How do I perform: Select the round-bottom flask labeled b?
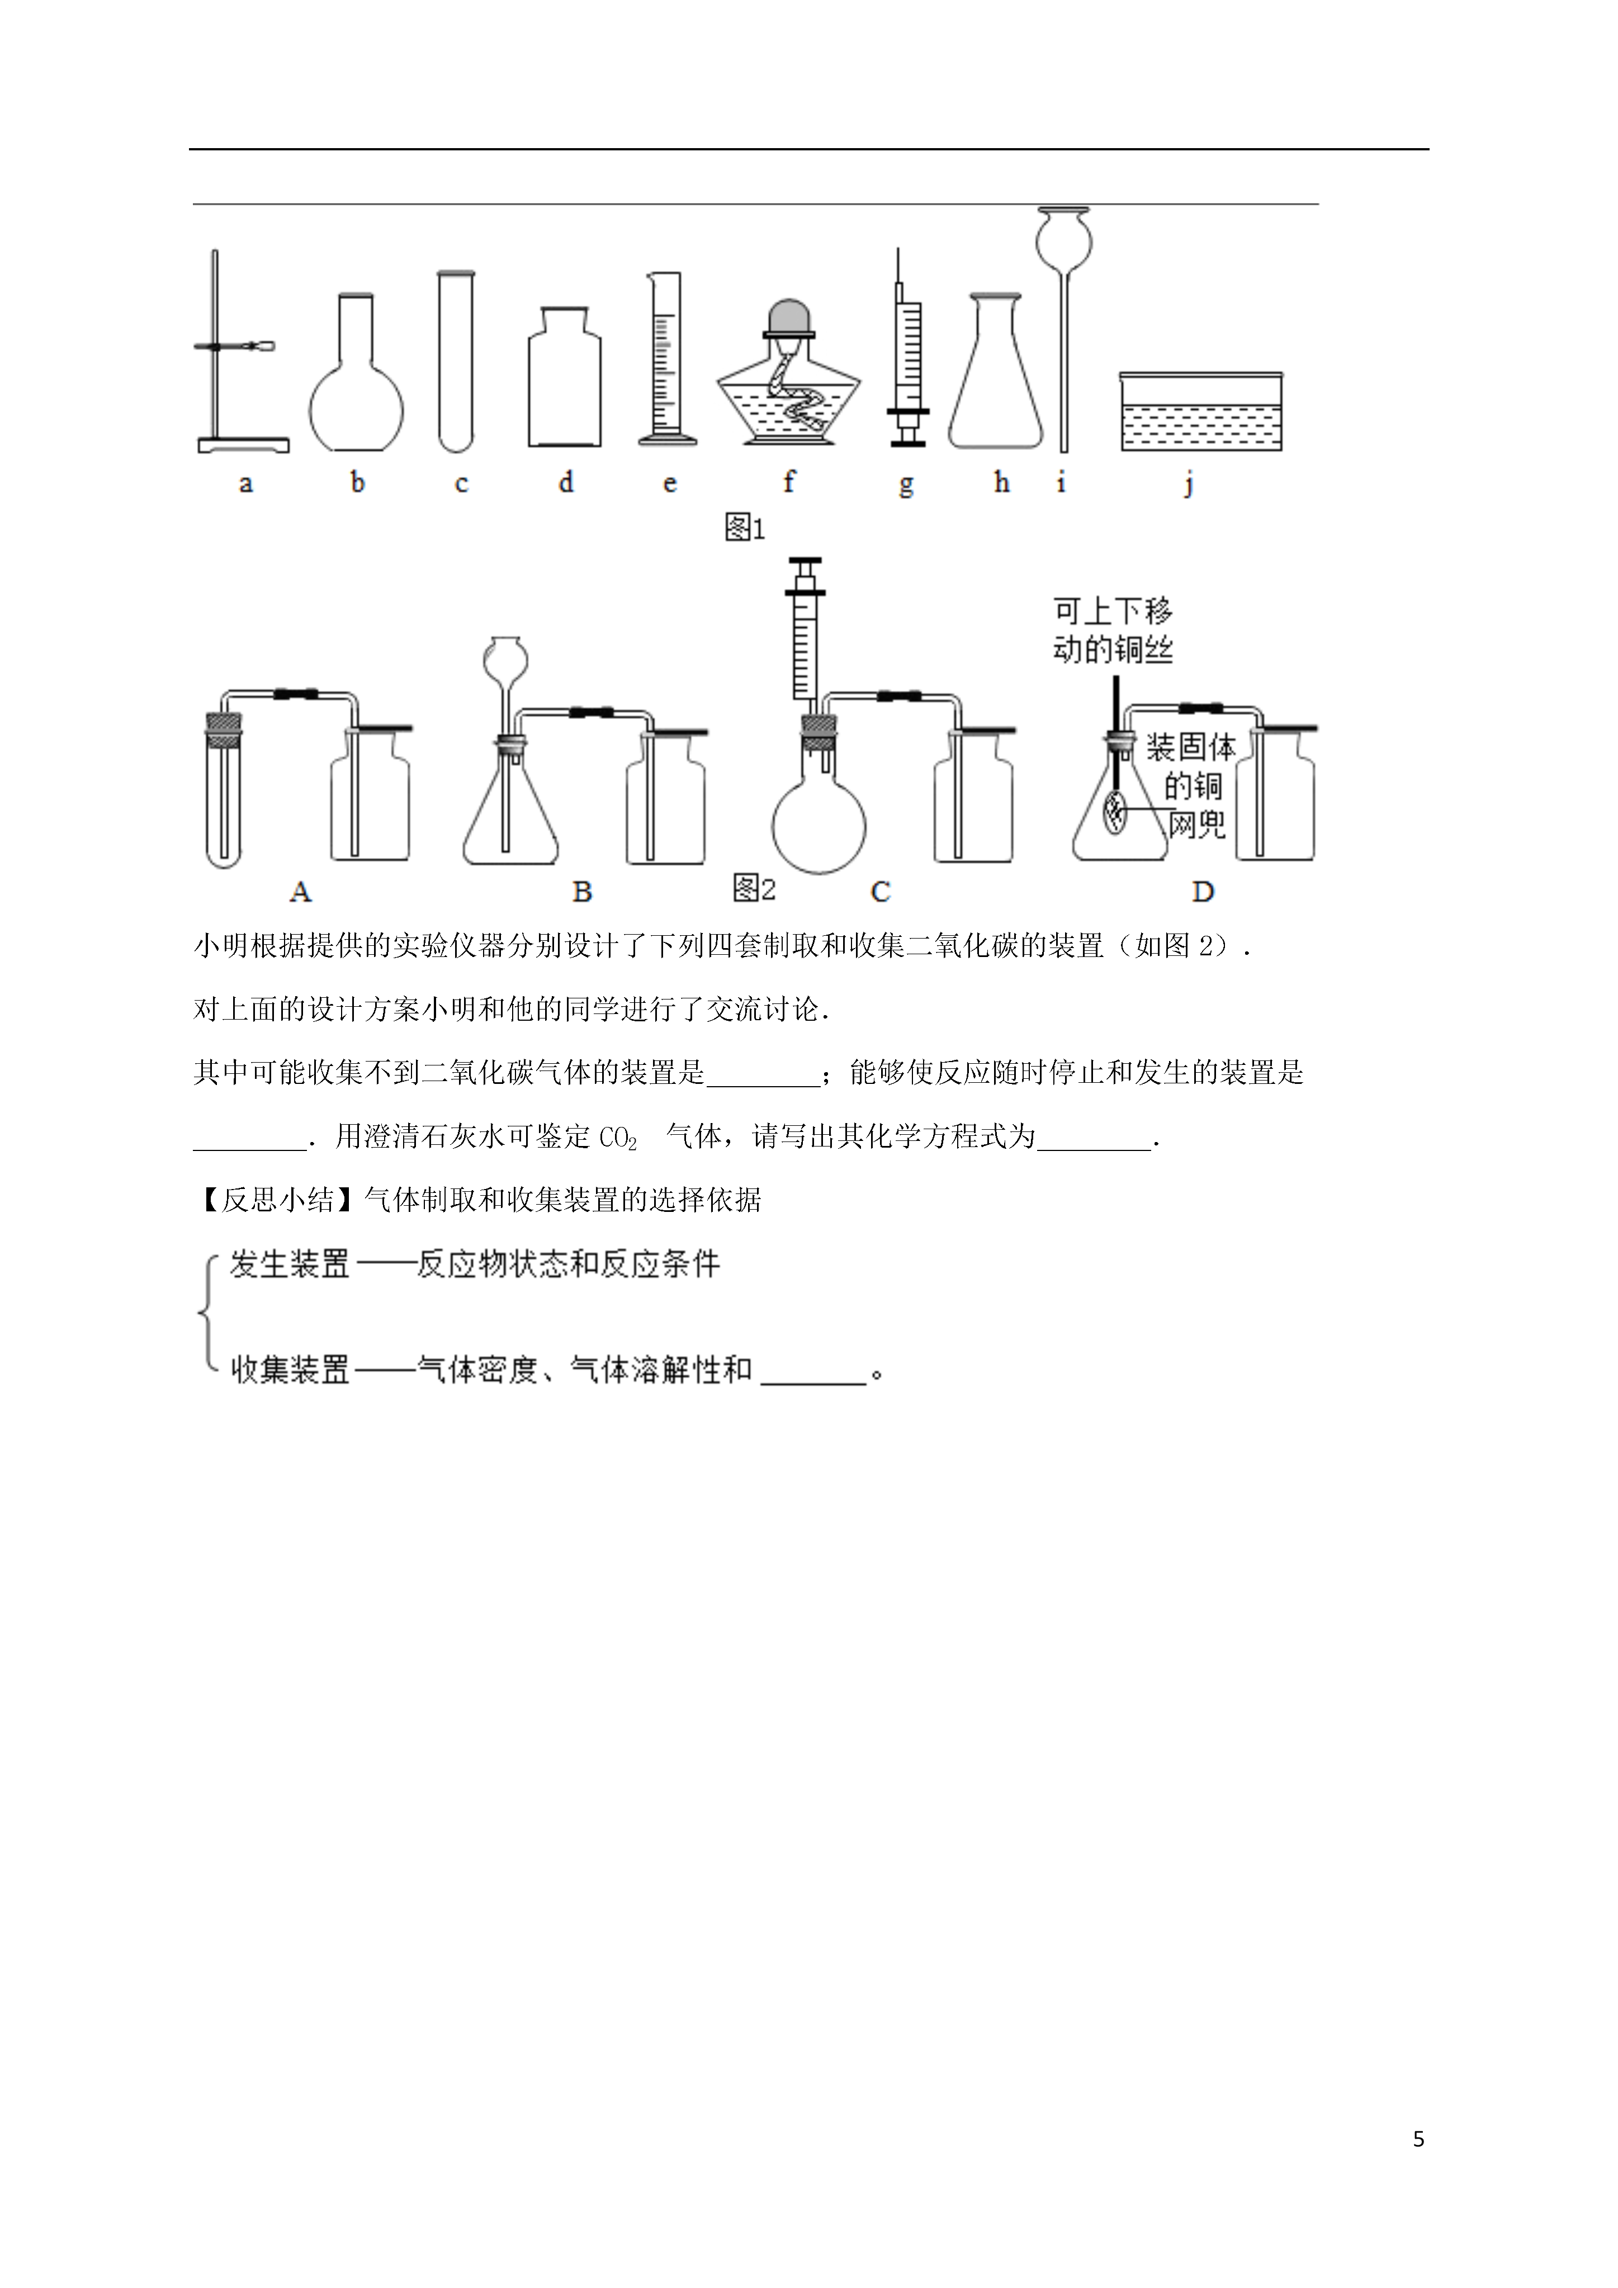(356, 373)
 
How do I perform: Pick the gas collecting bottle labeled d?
(564, 377)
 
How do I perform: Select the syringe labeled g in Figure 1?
(907, 349)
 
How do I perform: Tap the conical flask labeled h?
(995, 371)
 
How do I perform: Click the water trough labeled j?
(1201, 411)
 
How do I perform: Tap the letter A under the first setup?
(300, 892)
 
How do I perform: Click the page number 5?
(1418, 2139)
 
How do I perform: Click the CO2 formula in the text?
(618, 1137)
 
